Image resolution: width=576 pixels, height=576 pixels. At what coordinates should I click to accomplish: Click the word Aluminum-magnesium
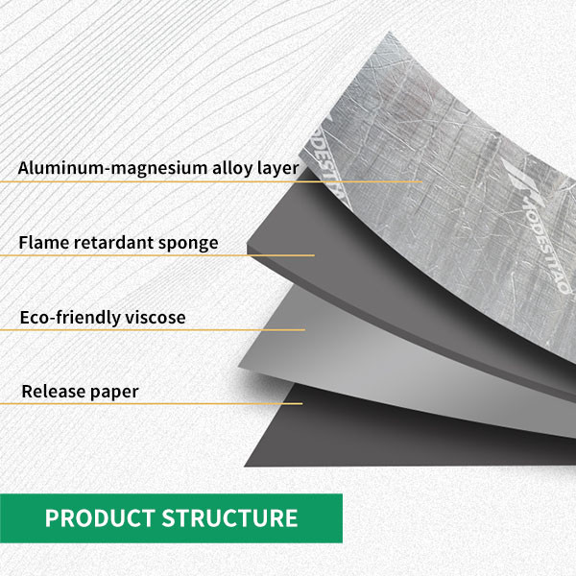[x=112, y=169]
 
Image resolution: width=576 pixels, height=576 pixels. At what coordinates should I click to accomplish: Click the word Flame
[x=44, y=243]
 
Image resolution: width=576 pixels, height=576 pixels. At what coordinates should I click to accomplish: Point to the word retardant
[x=113, y=243]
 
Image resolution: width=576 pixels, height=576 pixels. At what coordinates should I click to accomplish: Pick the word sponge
[x=188, y=244]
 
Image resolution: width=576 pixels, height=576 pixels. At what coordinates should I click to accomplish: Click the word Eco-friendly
[x=70, y=318]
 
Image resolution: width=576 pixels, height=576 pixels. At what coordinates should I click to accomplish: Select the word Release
[x=54, y=392]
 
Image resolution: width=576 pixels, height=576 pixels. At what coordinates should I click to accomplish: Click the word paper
[x=114, y=393]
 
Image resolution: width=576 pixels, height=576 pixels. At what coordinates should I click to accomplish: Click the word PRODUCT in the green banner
[x=100, y=518]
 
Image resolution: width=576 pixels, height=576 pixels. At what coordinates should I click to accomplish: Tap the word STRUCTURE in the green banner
[x=230, y=518]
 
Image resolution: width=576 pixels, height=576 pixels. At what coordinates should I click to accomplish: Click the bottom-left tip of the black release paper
[x=245, y=467]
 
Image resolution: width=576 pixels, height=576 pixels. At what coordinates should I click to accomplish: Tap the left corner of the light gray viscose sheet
[x=238, y=367]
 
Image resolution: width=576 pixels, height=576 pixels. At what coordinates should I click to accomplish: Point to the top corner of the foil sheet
[x=389, y=33]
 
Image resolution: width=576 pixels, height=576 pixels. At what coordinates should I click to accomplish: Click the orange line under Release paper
[x=151, y=404]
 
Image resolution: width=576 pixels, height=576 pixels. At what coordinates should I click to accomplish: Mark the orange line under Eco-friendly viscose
[x=153, y=330]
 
